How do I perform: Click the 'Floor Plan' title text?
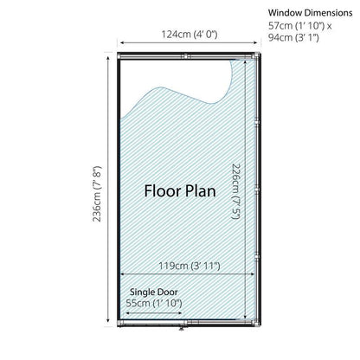point(180,191)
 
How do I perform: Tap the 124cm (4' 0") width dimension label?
point(189,35)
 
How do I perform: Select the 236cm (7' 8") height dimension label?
point(97,194)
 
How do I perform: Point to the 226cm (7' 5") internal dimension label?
point(236,191)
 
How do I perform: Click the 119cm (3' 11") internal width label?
point(190,266)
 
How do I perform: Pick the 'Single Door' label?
point(153,292)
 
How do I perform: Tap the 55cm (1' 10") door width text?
point(154,303)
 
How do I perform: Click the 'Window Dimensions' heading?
point(310,13)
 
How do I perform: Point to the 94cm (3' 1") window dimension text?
point(293,38)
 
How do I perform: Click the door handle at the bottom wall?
point(182,328)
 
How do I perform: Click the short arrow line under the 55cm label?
point(154,313)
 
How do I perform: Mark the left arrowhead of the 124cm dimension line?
point(122,43)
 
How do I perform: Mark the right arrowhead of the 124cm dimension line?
point(255,43)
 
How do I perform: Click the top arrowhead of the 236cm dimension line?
point(108,58)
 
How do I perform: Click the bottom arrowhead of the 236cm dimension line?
point(108,320)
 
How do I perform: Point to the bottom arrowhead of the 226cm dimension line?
point(245,316)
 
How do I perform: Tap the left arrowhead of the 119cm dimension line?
point(122,274)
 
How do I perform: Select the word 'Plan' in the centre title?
point(200,191)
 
